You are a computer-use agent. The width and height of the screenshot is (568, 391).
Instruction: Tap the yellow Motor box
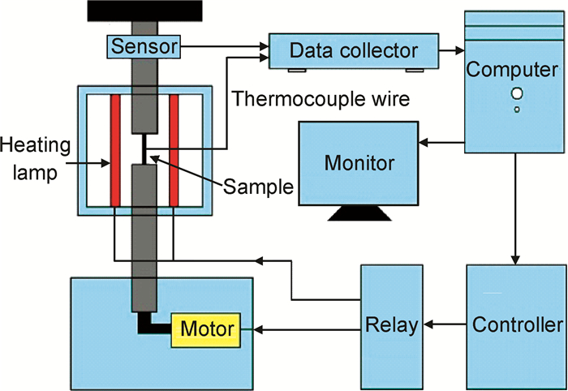(207, 329)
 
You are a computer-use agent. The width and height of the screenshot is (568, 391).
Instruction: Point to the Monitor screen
(359, 162)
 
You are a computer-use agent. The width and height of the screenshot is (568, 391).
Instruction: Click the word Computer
(513, 68)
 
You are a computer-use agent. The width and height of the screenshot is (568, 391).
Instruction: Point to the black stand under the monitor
(359, 215)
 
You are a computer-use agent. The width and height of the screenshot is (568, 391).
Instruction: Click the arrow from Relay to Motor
(308, 329)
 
